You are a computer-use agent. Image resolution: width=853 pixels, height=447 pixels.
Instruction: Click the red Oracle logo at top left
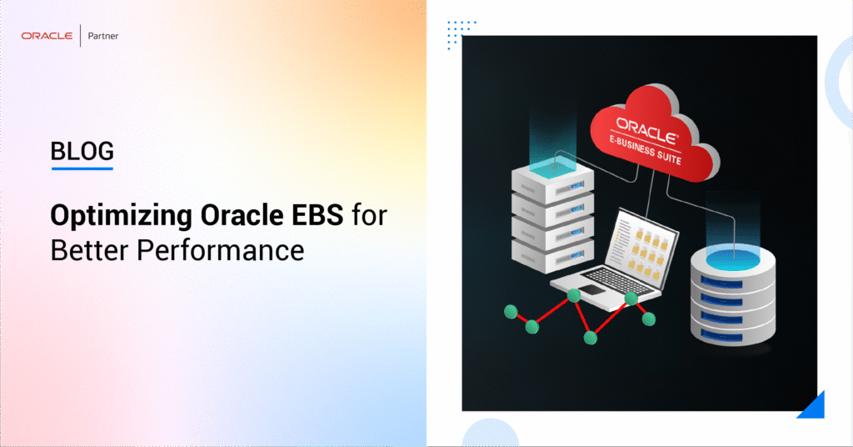47,36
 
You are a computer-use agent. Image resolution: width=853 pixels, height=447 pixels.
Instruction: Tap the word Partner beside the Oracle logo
102,36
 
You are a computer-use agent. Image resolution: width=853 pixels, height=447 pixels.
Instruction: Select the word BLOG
82,151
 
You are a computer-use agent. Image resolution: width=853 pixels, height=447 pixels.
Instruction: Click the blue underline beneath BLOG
82,168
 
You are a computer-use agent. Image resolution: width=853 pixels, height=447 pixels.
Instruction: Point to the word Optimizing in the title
122,217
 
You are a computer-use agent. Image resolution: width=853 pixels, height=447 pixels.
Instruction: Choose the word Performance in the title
220,250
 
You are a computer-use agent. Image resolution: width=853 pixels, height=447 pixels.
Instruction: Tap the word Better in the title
90,250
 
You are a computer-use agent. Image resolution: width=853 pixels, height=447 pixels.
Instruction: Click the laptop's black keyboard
620,280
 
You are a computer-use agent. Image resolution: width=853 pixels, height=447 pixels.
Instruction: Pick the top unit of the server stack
553,178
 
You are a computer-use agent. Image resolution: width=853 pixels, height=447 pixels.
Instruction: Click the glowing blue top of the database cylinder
733,258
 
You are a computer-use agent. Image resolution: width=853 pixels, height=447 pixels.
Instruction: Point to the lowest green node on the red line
591,338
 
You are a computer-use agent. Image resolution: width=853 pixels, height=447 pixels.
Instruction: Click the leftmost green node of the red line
511,312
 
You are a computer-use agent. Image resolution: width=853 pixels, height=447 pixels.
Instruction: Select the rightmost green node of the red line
648,319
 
